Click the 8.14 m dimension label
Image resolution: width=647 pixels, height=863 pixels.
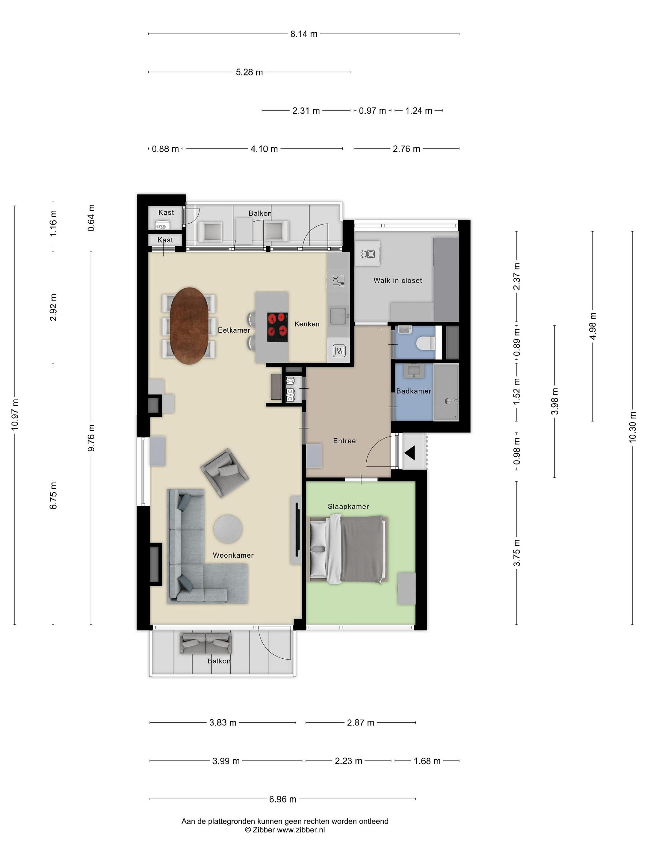pos(303,34)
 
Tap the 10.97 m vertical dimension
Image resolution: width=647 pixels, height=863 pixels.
pos(15,415)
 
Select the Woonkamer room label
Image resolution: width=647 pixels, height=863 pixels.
pos(233,555)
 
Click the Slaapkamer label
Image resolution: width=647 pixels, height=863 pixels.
pos(348,506)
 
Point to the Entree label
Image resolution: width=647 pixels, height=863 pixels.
pos(344,441)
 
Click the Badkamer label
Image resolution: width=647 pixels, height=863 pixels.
pos(414,391)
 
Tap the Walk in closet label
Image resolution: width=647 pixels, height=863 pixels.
pos(398,280)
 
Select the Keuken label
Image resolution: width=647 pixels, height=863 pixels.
pos(307,324)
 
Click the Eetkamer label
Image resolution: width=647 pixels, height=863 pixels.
pos(234,330)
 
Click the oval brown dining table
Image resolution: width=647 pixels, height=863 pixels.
pos(189,326)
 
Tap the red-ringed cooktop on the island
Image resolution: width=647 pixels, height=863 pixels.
pos(277,327)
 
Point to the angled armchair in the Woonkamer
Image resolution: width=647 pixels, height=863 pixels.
pos(224,473)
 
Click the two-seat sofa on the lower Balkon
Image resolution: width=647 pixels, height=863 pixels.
pos(205,643)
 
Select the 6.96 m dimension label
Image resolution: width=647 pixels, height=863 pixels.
pos(283,799)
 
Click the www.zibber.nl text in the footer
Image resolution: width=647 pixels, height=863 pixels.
pos(301,830)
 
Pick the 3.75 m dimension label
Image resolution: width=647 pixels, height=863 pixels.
pos(517,553)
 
